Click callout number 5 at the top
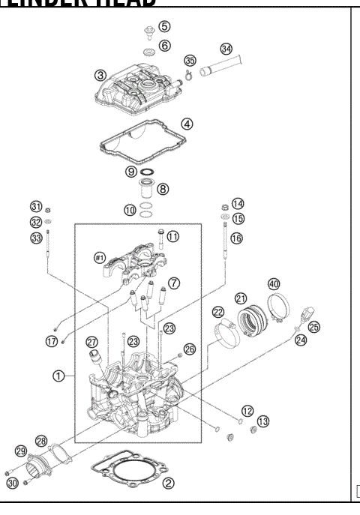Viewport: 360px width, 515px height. (164, 27)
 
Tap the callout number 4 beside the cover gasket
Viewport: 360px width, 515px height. (187, 124)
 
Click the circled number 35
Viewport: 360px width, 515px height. (190, 60)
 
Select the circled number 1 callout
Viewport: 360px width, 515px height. (58, 376)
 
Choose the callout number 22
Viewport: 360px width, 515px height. (218, 312)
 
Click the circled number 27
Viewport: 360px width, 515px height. (92, 342)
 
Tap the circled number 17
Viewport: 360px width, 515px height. (52, 340)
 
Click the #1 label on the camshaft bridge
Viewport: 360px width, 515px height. (99, 258)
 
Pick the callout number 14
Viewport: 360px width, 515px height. (238, 203)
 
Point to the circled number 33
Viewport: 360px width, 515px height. (35, 238)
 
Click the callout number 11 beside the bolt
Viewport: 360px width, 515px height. (173, 236)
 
